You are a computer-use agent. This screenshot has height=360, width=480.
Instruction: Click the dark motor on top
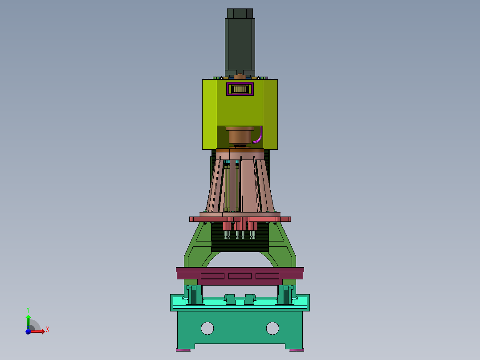tap(240, 43)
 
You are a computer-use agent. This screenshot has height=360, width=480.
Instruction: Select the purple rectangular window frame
tap(240, 83)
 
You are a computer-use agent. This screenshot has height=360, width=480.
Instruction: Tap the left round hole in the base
tap(207, 328)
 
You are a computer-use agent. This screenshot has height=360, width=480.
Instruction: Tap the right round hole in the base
tap(273, 328)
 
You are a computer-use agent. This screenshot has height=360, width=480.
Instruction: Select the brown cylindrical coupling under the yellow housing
tap(240, 136)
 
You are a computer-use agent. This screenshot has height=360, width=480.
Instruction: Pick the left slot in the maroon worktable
tap(212, 276)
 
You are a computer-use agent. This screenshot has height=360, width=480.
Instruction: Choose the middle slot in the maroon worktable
tap(240, 276)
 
